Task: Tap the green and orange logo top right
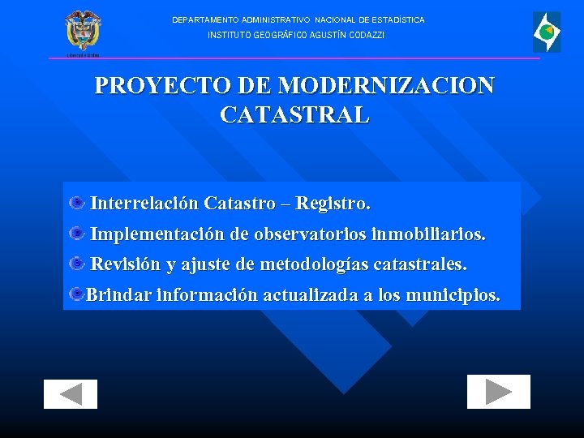pyautogui.click(x=546, y=32)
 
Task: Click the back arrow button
pyautogui.click(x=71, y=393)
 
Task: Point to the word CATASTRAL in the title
pyautogui.click(x=294, y=114)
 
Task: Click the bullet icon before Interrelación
pyautogui.click(x=77, y=202)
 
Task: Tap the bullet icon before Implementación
pyautogui.click(x=77, y=234)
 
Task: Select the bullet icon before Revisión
pyautogui.click(x=77, y=264)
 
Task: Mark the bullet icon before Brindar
pyautogui.click(x=76, y=294)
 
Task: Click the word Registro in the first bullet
pyautogui.click(x=333, y=202)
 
